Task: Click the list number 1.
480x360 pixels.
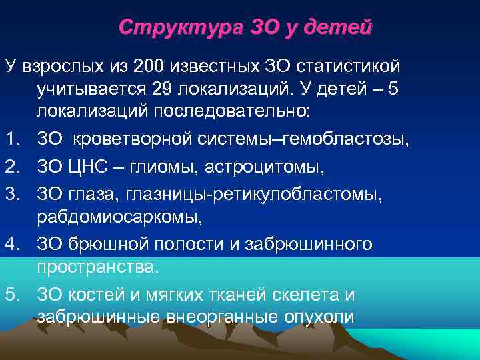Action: pos(10,138)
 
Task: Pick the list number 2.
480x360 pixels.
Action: pos(10,165)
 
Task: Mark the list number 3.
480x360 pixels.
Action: pos(10,193)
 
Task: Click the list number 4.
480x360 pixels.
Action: pos(10,243)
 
